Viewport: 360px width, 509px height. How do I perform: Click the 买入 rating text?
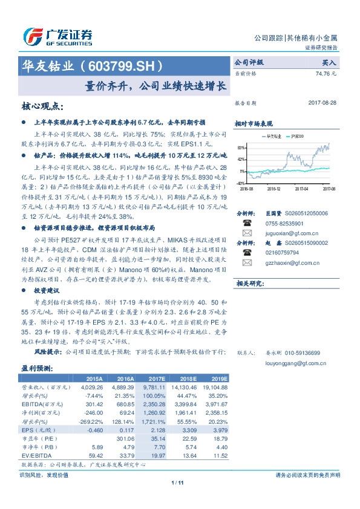(329, 62)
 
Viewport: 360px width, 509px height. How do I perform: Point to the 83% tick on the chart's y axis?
(241, 148)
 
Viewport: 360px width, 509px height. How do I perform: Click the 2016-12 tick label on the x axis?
(274, 189)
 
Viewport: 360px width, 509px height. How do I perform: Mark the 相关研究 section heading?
(249, 283)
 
